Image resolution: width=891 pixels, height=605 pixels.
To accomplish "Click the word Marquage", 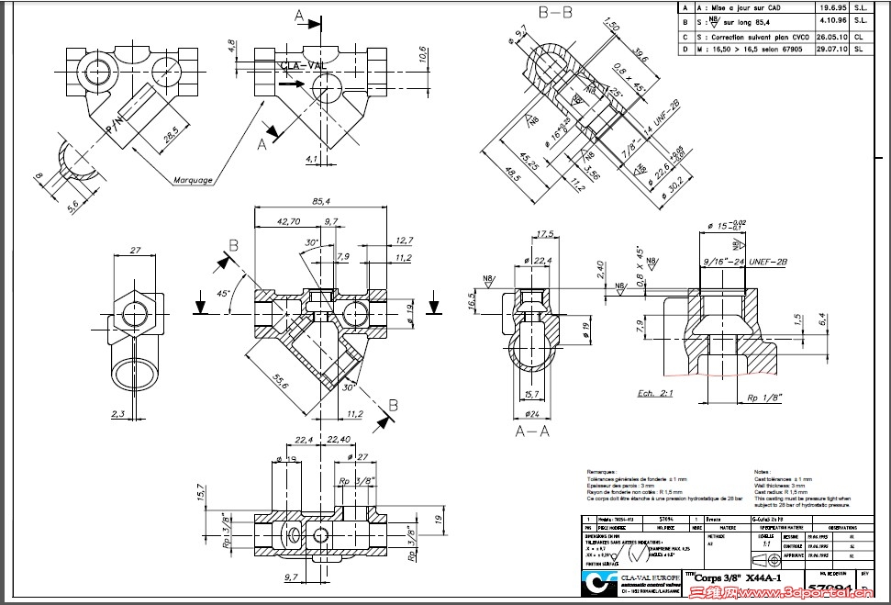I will point(193,180).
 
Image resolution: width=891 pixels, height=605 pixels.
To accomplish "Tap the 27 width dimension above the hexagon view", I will point(134,250).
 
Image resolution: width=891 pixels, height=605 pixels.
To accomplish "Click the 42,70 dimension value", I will point(288,221).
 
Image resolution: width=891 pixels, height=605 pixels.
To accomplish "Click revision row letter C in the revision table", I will point(685,37).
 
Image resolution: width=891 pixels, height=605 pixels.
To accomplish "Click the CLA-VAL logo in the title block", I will point(597,585).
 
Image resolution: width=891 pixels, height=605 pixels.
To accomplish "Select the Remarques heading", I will point(607,471).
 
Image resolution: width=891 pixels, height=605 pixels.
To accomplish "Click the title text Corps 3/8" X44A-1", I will point(737,578).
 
